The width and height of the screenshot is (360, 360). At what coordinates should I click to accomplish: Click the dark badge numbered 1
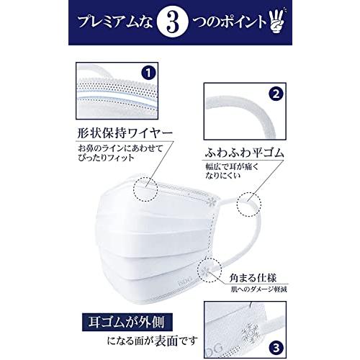click(147, 73)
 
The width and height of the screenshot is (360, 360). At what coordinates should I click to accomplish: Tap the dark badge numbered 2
click(274, 94)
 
